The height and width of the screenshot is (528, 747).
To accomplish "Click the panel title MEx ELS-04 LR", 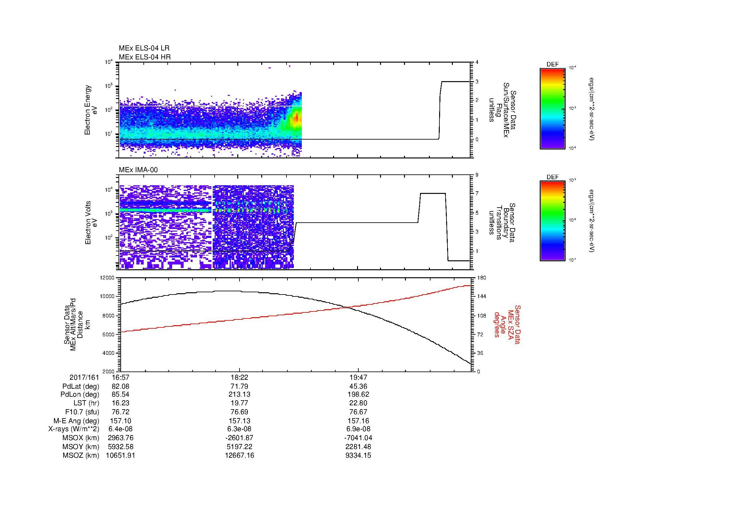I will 144,48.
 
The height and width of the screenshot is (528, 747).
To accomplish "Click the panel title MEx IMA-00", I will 138,170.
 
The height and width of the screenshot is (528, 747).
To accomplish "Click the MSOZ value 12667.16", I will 239,455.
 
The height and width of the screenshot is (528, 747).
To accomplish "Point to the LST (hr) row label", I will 86,403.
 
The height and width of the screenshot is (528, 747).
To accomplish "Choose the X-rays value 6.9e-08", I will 358,429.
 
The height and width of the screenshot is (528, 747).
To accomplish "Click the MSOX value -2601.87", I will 239,438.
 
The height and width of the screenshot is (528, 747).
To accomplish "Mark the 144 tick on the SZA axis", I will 481,296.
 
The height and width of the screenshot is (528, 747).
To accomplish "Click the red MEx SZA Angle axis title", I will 507,324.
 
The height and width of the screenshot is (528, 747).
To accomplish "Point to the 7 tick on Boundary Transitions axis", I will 477,194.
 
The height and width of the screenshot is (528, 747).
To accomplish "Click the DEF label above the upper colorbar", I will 552,65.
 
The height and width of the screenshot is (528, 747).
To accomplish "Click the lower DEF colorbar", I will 552,221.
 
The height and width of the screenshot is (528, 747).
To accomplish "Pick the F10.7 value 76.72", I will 120,412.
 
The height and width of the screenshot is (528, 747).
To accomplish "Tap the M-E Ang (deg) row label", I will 76,421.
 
